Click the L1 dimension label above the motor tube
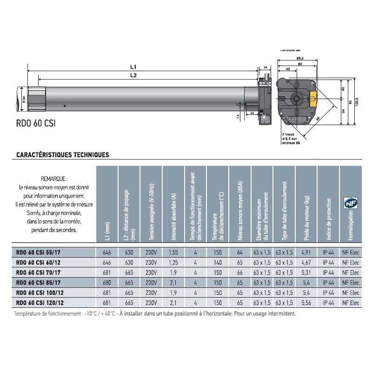pos(133,66)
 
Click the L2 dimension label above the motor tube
pos(133,75)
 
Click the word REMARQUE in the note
pos(54,178)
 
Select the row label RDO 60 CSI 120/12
pos(40,302)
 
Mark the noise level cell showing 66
pos(240,273)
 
